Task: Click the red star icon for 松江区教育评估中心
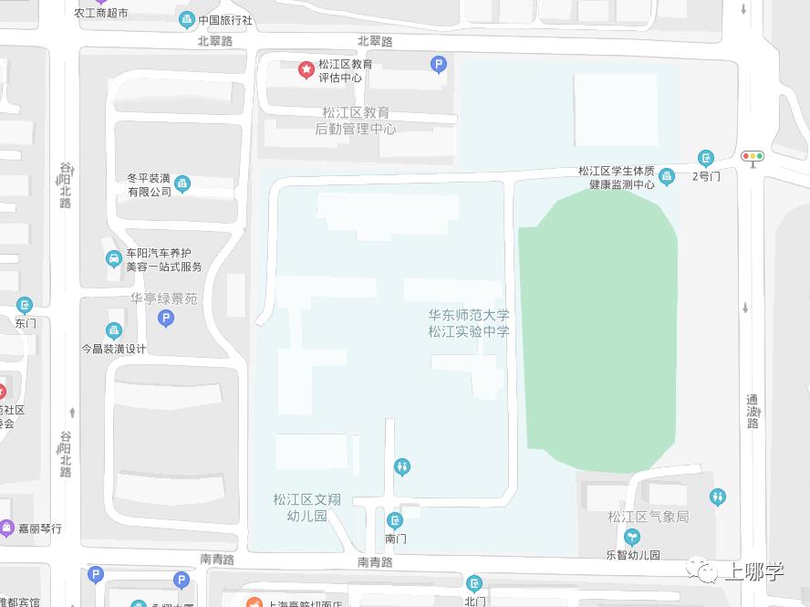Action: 306,68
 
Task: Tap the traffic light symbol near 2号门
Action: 753,156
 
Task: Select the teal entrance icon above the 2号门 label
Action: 705,158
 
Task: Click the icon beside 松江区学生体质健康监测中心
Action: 667,176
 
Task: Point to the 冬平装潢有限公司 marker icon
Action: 182,184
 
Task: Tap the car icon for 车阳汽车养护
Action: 113,259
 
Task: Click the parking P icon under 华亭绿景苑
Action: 165,318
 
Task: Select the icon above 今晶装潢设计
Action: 114,330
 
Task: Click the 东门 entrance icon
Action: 25,305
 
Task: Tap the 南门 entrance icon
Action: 395,521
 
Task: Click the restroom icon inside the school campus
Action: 403,467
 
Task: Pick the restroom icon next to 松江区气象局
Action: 718,497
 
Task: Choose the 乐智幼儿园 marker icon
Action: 632,538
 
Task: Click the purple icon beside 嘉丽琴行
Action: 7,528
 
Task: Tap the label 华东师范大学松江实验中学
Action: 469,323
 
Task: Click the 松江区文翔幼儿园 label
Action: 306,508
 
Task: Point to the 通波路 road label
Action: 753,411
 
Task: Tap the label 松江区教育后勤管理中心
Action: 356,120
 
